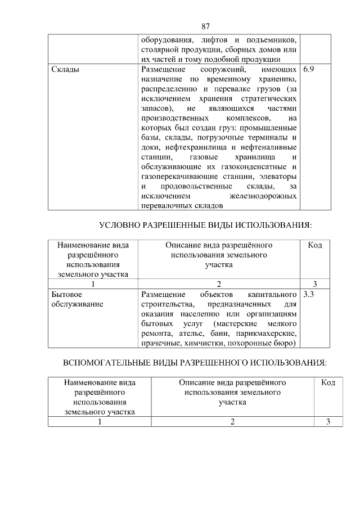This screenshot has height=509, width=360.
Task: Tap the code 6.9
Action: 309,70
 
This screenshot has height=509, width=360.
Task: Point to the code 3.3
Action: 309,294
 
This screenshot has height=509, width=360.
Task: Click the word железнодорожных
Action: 264,196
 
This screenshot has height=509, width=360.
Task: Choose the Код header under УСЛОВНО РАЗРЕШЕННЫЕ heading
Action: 315,246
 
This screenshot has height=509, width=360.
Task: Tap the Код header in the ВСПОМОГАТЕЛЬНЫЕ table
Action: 327,382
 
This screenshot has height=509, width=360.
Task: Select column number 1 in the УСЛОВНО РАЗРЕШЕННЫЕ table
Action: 92,284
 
